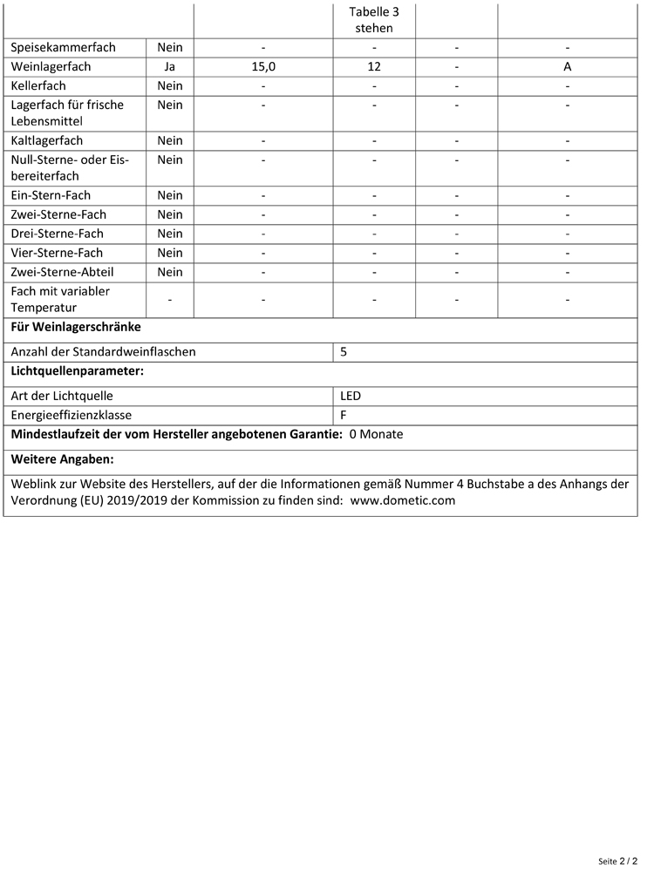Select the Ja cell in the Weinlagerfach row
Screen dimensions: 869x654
click(x=170, y=66)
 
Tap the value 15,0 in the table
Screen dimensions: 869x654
click(x=263, y=66)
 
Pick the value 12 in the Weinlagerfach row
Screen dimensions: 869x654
click(x=374, y=66)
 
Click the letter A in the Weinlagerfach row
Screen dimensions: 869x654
click(x=568, y=66)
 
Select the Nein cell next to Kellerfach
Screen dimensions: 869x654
click(x=170, y=85)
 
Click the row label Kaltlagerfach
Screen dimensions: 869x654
click(x=47, y=140)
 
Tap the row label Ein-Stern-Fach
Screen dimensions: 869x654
click(x=51, y=195)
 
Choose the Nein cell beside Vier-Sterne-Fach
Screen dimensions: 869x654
click(x=170, y=253)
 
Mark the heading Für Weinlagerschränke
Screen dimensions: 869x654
click(x=76, y=328)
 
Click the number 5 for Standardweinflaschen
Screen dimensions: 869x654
click(x=344, y=352)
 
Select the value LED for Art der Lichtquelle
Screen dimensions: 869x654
click(x=351, y=396)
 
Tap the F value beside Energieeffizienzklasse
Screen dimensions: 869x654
click(x=344, y=415)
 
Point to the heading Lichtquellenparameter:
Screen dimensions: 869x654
click(x=77, y=371)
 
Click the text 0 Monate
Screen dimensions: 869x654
click(x=376, y=434)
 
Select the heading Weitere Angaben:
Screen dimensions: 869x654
click(x=63, y=459)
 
